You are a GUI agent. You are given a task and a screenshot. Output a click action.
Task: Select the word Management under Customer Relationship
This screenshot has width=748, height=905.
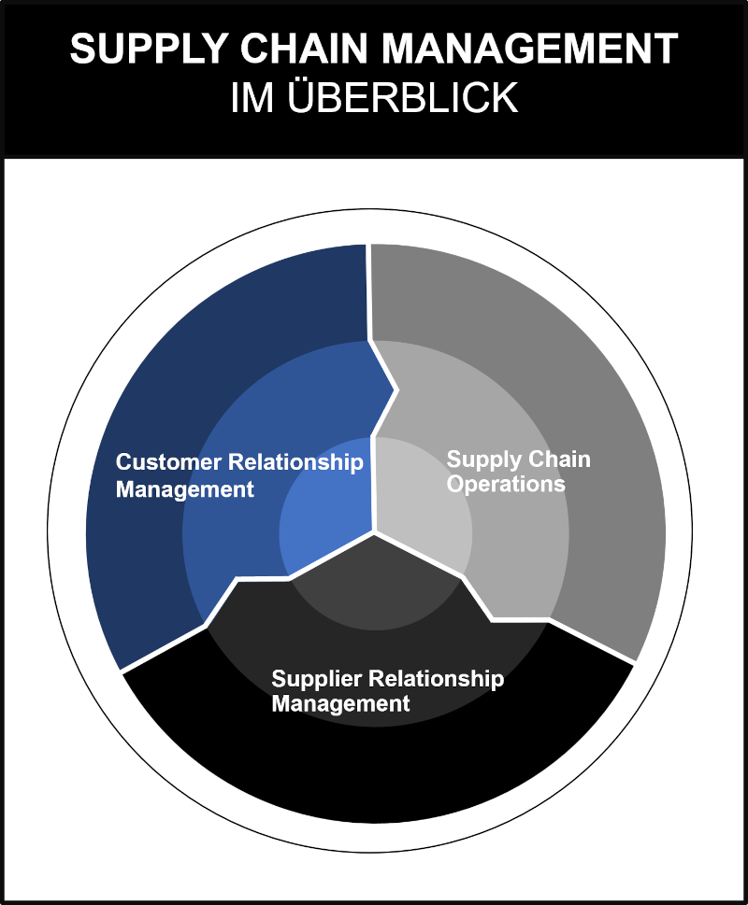184,488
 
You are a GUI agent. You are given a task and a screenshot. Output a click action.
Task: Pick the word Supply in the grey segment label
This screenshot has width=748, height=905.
482,460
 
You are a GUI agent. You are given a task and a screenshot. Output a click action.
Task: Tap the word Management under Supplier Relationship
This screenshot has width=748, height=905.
340,703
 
